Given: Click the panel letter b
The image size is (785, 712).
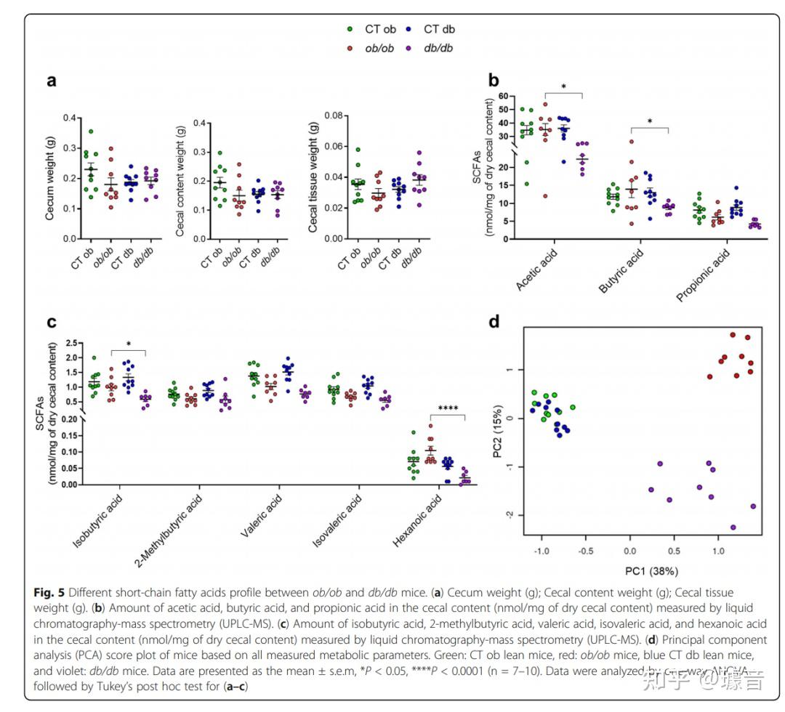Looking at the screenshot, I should [494, 81].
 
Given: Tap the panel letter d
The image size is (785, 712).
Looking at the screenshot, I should [494, 320].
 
